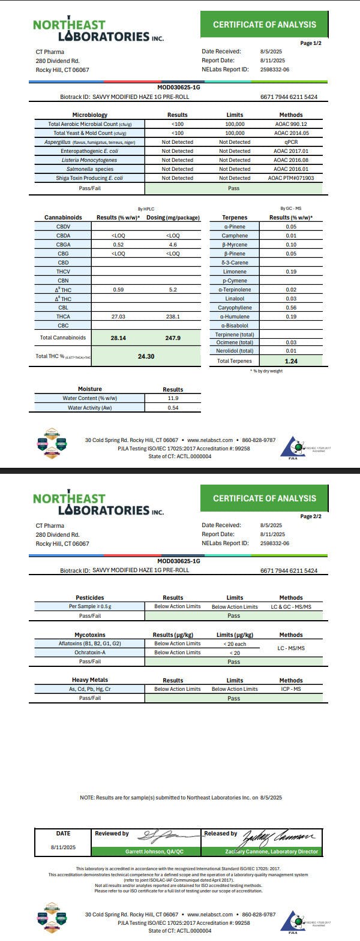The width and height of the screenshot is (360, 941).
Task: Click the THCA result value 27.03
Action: click(x=118, y=317)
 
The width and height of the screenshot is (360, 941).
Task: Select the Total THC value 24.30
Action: click(x=146, y=356)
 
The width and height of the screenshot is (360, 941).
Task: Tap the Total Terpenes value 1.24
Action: click(x=292, y=361)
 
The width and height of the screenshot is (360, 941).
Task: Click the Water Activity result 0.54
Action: click(x=173, y=408)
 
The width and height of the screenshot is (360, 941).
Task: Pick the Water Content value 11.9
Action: click(x=173, y=398)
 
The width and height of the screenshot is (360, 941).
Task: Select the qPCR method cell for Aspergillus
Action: click(x=291, y=142)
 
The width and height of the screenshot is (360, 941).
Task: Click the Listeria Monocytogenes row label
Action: click(x=89, y=160)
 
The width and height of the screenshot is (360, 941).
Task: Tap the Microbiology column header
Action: click(x=89, y=115)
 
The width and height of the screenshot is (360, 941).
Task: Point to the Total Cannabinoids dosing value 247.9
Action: click(x=173, y=338)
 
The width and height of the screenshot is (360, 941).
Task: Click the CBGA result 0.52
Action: click(x=118, y=245)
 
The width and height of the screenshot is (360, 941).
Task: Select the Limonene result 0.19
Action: click(x=292, y=272)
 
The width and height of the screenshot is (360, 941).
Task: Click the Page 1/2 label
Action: click(x=311, y=43)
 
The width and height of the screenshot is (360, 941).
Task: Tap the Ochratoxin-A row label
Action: click(x=89, y=653)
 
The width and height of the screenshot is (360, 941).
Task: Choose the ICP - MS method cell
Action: click(x=291, y=689)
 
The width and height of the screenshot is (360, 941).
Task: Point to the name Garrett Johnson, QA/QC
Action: click(x=154, y=852)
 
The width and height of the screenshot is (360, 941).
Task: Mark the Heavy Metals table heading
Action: click(x=89, y=680)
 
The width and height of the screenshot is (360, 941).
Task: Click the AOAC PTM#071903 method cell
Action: click(x=291, y=178)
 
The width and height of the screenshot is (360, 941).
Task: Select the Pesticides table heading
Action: click(x=89, y=597)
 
